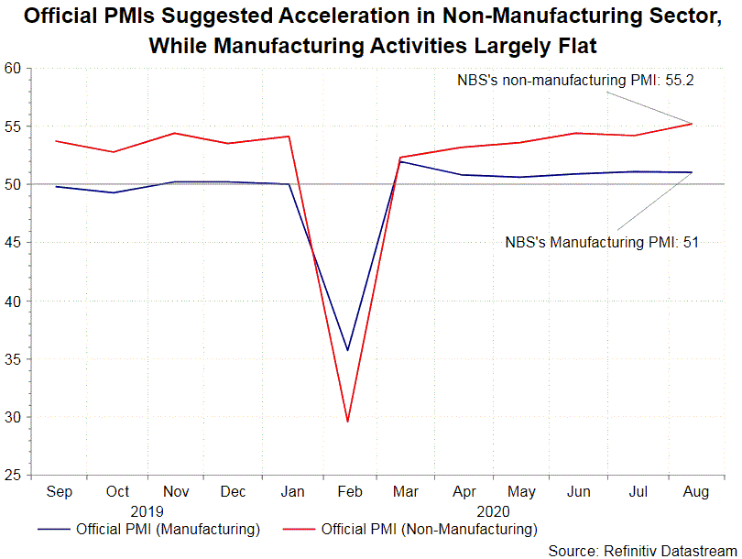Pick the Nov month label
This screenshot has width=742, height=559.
(x=175, y=492)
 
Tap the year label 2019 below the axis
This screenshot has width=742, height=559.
(x=146, y=510)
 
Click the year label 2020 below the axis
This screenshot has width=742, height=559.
(x=493, y=510)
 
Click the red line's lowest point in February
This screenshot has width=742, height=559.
(x=347, y=422)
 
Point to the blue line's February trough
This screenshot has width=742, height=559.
(x=347, y=350)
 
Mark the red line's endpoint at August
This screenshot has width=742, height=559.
(x=692, y=123)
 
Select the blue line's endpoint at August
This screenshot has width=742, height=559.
(x=692, y=172)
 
